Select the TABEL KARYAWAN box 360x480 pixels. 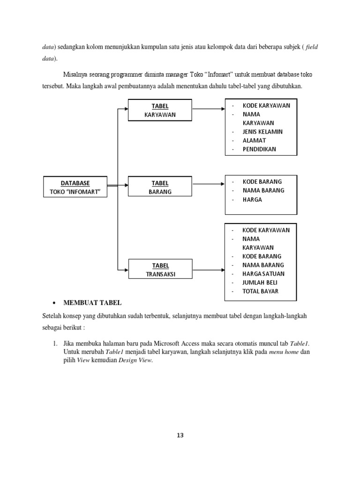tap(160, 110)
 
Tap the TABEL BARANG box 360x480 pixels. tap(160, 187)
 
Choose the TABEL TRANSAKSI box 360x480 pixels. tap(160, 270)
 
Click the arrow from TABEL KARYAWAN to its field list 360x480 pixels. tap(209, 109)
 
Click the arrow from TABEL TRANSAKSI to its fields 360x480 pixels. tap(209, 270)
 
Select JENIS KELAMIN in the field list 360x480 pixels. tap(262, 132)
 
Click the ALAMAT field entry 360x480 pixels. tap(254, 141)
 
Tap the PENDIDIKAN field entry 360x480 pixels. tap(259, 150)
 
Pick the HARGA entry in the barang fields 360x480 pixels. tap(252, 199)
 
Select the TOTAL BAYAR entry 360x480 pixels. tap(260, 291)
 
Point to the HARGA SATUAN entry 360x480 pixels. tap(263, 274)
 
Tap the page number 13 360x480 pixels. tap(180, 435)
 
